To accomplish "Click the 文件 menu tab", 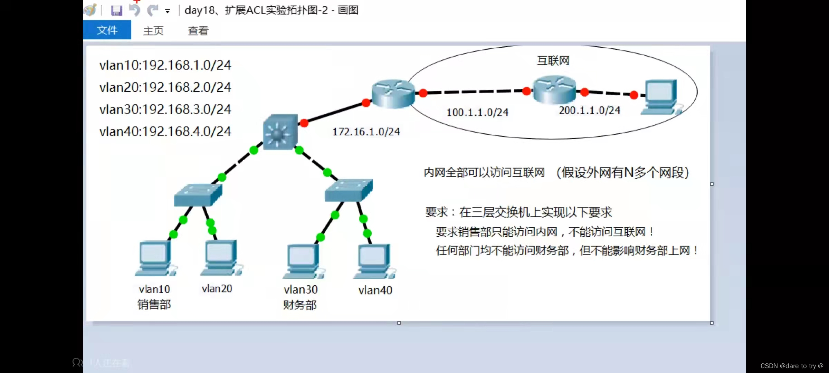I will pos(107,30).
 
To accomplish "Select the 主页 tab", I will pos(153,31).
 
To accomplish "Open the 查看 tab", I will pos(198,31).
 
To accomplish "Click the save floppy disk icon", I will pos(116,11).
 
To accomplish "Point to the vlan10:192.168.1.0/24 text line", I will pos(165,65).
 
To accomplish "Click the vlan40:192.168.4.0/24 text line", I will pos(165,132).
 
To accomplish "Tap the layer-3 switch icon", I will pos(280,132).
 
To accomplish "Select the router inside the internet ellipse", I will pos(554,89).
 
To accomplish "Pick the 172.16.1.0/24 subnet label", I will pos(366,132).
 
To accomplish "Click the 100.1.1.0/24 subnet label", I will pos(477,112).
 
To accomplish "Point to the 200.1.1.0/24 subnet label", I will pos(590,111).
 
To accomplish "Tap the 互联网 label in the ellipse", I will pos(553,61).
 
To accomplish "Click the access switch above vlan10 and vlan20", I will pos(198,195).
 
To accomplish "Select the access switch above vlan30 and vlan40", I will pos(349,190).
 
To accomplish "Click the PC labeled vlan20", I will pos(220,258).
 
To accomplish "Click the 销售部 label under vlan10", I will pos(154,305).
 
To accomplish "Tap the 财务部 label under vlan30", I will pos(300,305).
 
